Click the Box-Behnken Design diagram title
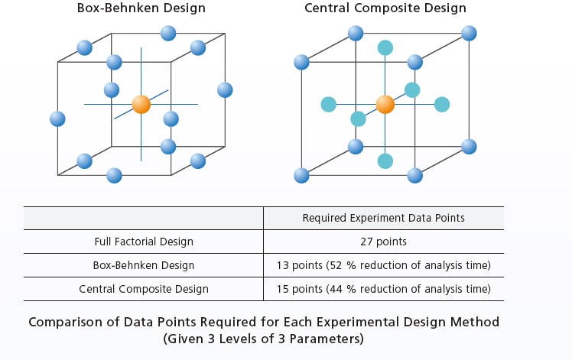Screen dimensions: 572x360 tap(141, 8)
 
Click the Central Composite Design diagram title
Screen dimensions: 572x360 tap(385, 8)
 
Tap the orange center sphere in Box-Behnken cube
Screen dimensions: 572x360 tap(141, 104)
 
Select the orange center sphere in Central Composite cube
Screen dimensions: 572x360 tap(385, 104)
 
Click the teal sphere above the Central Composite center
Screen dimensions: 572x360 tap(385, 48)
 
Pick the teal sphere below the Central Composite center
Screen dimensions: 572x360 tap(385, 161)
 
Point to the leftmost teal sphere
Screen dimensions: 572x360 tap(328, 104)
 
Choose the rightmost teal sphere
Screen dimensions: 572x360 tap(442, 104)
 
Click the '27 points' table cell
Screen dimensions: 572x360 tap(383, 242)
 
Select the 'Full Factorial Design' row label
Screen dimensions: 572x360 tap(144, 242)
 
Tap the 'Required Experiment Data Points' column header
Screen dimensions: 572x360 tap(383, 218)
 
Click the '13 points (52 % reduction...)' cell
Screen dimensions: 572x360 tap(383, 265)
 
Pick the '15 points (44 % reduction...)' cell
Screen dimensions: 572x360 tap(383, 289)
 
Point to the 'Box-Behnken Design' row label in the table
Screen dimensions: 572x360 tap(144, 265)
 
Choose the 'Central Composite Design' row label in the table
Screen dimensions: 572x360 tap(144, 289)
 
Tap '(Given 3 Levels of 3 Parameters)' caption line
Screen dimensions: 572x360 tap(263, 339)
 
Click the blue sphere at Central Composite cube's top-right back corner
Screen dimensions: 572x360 tap(469, 34)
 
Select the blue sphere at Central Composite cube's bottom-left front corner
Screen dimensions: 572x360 tap(301, 176)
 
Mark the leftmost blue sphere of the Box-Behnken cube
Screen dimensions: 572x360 tap(57, 119)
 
